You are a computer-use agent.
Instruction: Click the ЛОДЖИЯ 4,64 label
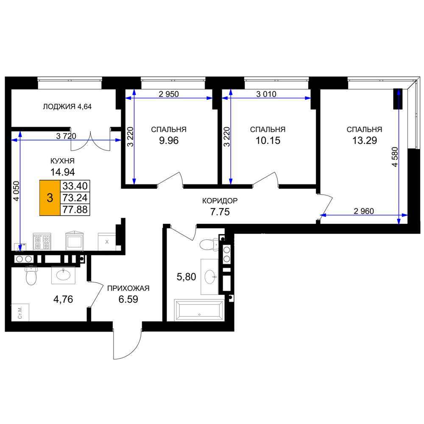tap(67, 106)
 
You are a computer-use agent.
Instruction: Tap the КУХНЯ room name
tap(62, 161)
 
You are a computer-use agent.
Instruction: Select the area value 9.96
tap(169, 141)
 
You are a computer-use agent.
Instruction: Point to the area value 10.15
tap(268, 141)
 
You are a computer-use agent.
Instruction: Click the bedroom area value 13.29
tap(364, 141)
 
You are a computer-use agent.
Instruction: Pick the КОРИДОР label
tap(220, 201)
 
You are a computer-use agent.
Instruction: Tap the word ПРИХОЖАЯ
tap(128, 288)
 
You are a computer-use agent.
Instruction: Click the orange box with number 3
tap(50, 198)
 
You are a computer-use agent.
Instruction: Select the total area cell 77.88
tap(75, 209)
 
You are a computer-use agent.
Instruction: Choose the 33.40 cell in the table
tap(75, 186)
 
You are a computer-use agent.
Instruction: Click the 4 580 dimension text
tap(395, 157)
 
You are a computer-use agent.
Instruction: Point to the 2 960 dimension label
tap(364, 211)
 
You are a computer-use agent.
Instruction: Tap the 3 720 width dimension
tap(66, 136)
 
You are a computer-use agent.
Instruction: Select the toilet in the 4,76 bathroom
tap(31, 275)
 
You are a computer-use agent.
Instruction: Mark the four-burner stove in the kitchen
tap(42, 242)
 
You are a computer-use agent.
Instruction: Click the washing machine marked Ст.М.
tap(20, 312)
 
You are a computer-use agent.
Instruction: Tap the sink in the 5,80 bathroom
tap(210, 277)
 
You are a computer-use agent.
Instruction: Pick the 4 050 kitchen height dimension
tap(17, 191)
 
